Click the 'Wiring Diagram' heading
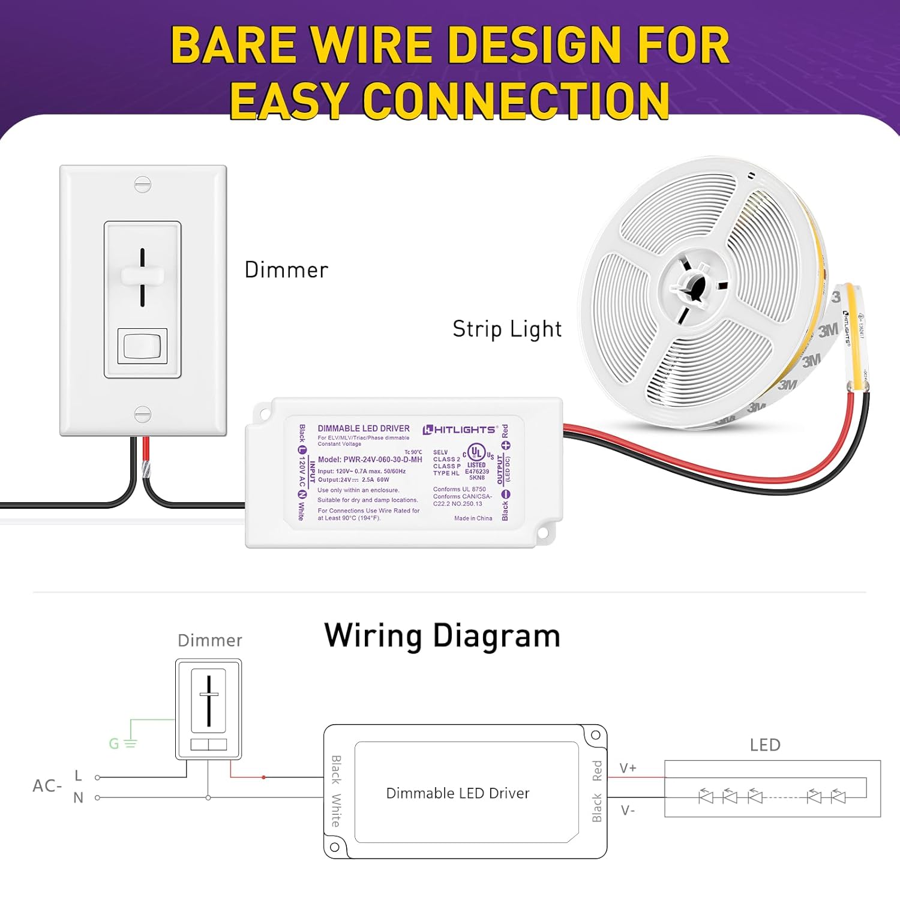pyautogui.click(x=442, y=636)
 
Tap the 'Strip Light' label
pyautogui.click(x=507, y=329)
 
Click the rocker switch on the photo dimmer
pyautogui.click(x=142, y=346)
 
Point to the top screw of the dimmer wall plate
pyautogui.click(x=143, y=184)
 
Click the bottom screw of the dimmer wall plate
pyautogui.click(x=143, y=414)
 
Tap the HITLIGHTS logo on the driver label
pyautogui.click(x=460, y=430)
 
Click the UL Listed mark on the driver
pyautogui.click(x=477, y=454)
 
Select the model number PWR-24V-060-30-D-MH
pyautogui.click(x=370, y=460)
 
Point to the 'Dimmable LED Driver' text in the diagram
pyautogui.click(x=458, y=793)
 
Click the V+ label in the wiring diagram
pyautogui.click(x=628, y=768)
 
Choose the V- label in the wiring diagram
pyautogui.click(x=628, y=811)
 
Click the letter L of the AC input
pyautogui.click(x=78, y=776)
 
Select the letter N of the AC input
pyautogui.click(x=78, y=798)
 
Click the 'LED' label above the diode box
pyautogui.click(x=765, y=745)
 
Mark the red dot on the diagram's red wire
pyautogui.click(x=263, y=778)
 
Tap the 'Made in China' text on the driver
pyautogui.click(x=473, y=518)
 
